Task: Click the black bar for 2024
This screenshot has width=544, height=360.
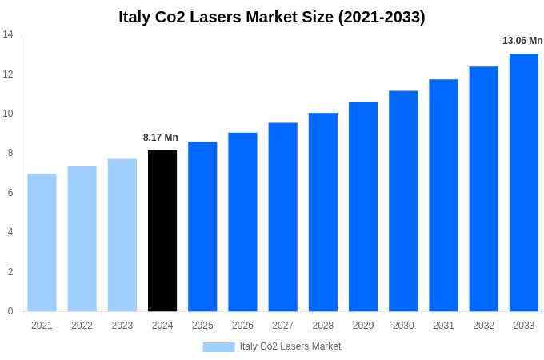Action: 162,231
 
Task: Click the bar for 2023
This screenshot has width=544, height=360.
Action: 122,235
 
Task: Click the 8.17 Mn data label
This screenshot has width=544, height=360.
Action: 161,138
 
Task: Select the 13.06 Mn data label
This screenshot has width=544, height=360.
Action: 522,41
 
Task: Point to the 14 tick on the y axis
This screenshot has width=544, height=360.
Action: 8,34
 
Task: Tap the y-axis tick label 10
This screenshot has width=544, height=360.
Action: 8,114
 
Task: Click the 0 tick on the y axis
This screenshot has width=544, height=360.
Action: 10,311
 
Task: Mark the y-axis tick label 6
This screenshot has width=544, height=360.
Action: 10,193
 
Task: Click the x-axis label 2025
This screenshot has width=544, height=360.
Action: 202,326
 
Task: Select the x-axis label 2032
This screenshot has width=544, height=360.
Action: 483,326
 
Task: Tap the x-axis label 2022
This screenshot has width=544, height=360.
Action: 82,326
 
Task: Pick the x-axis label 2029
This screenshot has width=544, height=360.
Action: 363,326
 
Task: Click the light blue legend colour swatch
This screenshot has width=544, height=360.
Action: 218,347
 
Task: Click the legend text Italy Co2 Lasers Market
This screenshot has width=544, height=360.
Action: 290,346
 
